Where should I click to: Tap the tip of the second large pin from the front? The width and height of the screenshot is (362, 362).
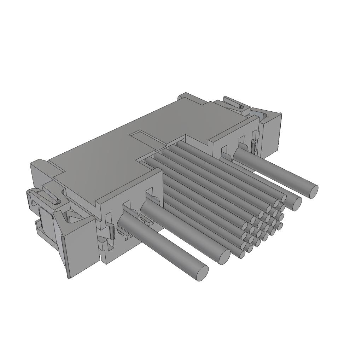224,257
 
